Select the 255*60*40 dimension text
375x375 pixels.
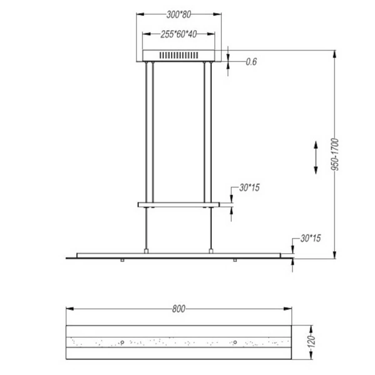179,35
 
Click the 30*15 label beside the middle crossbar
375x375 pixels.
250,187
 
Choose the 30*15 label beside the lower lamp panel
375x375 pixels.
311,238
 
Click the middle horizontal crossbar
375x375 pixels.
180,204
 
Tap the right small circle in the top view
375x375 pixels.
236,342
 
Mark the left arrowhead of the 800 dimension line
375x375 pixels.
69,309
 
